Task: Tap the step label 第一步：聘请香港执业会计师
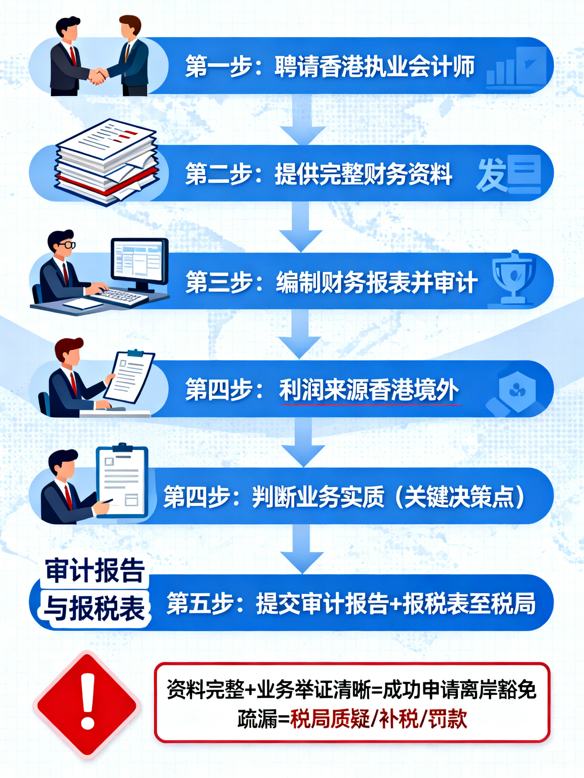tap(330, 66)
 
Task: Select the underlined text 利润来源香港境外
tap(369, 390)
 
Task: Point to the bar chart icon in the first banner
tap(516, 67)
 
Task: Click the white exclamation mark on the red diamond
tap(88, 701)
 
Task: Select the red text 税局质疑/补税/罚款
tap(379, 718)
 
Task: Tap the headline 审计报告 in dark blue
tap(95, 570)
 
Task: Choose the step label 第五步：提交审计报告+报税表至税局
tap(351, 603)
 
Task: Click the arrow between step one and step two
tap(302, 120)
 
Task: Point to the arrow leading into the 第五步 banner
tap(302, 549)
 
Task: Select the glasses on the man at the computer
tap(66, 244)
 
